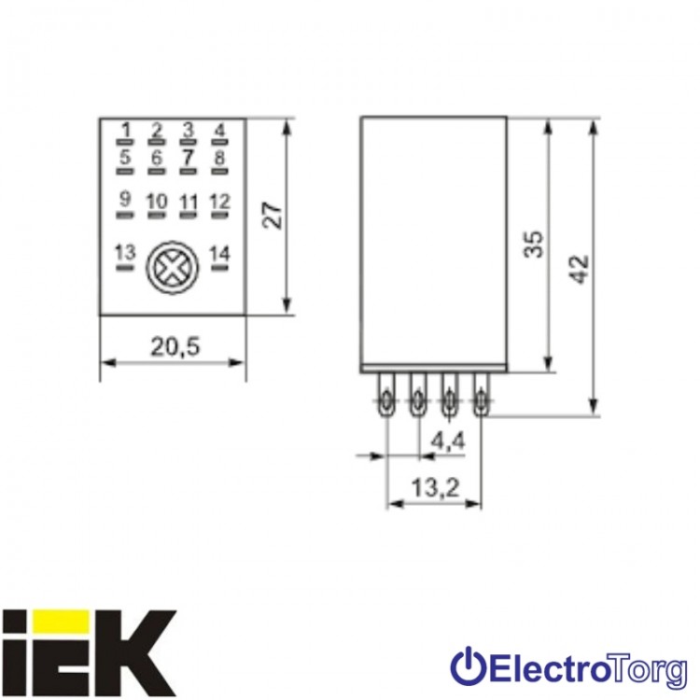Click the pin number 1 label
126,131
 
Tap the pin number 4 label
219,131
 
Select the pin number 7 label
188,158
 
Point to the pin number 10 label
157,202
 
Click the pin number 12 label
219,202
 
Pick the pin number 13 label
125,253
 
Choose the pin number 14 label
219,254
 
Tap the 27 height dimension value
273,217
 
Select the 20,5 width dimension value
175,347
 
